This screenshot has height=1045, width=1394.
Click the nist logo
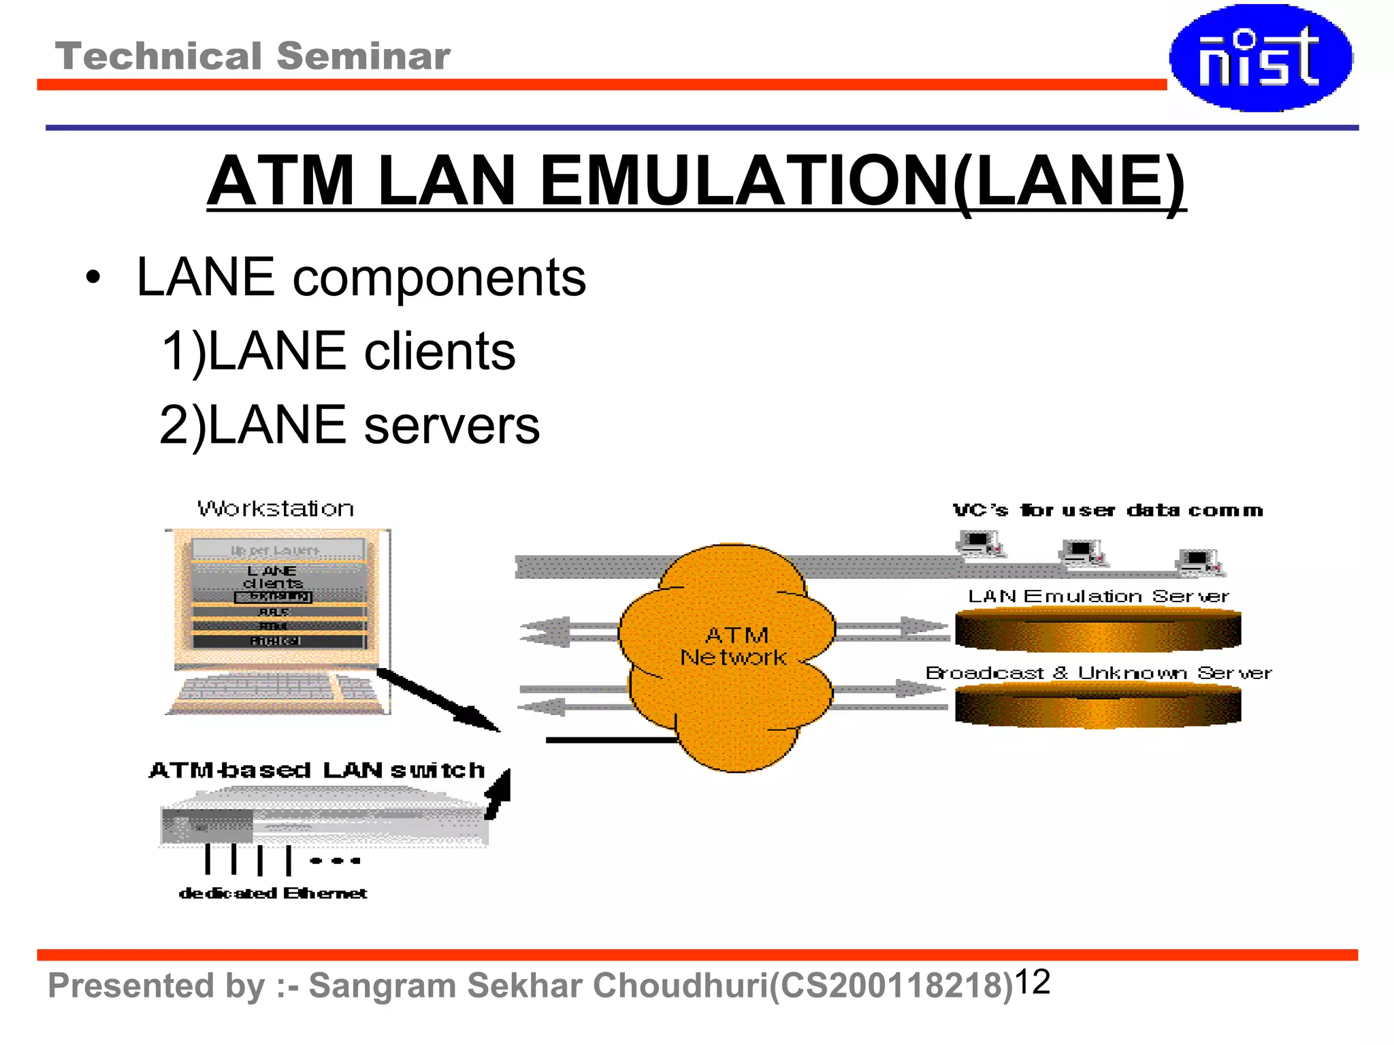[x=1261, y=58]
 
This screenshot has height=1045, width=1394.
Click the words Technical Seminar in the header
[x=253, y=56]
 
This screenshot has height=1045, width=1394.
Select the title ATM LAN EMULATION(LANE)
[x=696, y=181]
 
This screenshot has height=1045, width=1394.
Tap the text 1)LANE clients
[x=338, y=351]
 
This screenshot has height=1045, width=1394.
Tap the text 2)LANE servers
[x=350, y=425]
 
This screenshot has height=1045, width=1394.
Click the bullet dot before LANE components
[x=93, y=278]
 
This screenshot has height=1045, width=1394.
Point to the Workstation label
[x=276, y=509]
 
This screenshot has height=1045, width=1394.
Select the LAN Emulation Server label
[x=1098, y=597]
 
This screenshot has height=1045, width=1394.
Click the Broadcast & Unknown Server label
[x=1098, y=673]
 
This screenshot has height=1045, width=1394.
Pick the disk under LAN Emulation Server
[x=1098, y=630]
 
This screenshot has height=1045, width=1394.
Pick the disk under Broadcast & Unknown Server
[x=1098, y=706]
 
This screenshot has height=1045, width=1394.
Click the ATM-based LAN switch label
[x=317, y=770]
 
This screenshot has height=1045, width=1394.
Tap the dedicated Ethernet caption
[x=273, y=893]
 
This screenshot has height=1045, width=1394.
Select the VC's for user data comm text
[x=1107, y=510]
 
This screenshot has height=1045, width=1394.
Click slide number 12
[x=1033, y=982]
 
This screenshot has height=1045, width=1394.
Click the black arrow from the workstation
[x=439, y=701]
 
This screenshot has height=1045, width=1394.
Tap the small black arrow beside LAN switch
[x=498, y=794]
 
